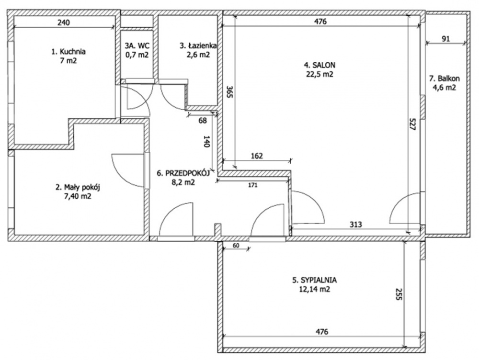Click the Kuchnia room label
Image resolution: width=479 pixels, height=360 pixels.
tap(68, 51)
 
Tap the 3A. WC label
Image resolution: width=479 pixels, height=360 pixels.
tap(137, 46)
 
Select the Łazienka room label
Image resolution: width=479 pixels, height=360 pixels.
tap(198, 46)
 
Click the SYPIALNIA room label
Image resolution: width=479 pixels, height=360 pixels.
tap(314, 280)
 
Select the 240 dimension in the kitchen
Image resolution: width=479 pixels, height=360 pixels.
tap(64, 22)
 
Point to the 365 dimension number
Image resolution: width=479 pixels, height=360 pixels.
tap(230, 91)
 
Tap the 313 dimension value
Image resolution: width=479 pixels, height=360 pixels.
tap(356, 225)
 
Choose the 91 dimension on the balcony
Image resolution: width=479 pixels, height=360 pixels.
tap(446, 39)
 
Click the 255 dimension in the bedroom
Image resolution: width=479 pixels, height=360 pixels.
tap(399, 294)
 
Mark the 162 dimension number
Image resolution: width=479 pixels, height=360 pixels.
tap(257, 156)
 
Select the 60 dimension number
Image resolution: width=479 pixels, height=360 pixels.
tap(236, 245)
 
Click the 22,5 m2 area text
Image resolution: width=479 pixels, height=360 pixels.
tap(319, 74)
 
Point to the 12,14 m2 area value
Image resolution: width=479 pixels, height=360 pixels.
tap(315, 289)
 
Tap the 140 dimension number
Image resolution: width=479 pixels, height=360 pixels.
tap(206, 142)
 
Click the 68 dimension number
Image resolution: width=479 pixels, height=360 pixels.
tap(203, 121)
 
